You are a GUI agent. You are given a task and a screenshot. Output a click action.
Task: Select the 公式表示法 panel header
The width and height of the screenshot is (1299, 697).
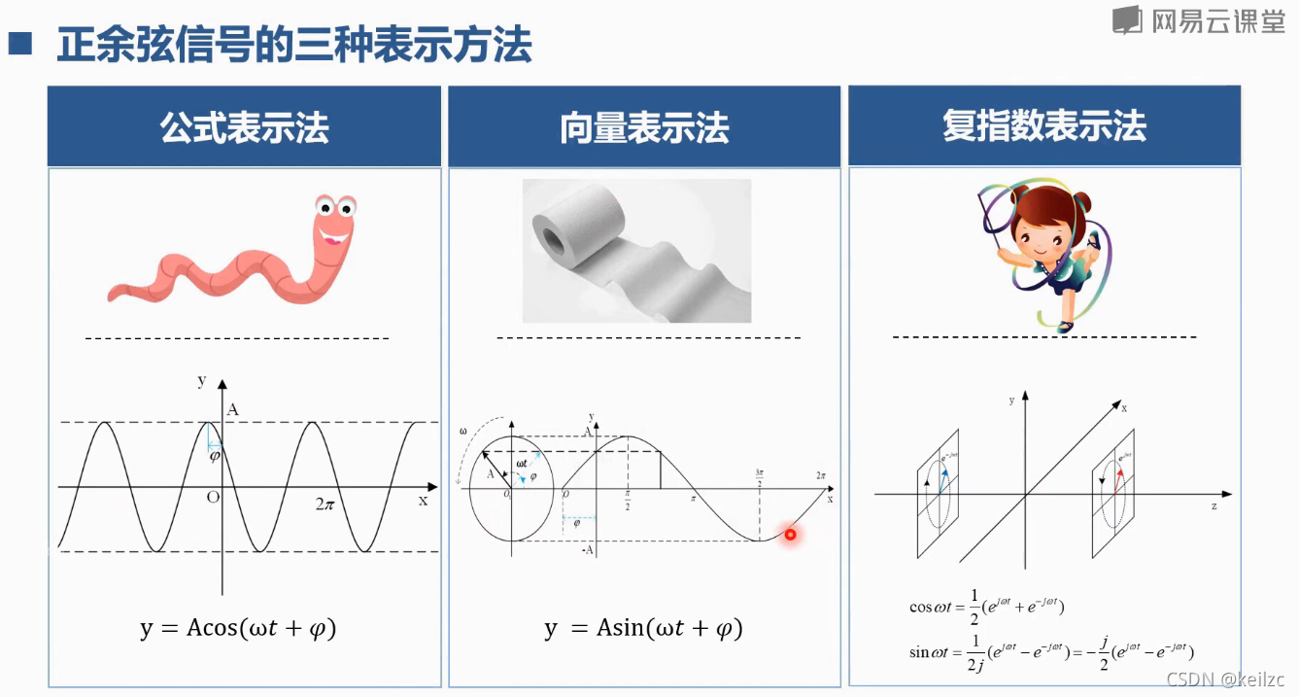click(245, 127)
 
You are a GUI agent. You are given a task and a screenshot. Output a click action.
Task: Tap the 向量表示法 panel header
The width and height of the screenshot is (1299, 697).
click(644, 127)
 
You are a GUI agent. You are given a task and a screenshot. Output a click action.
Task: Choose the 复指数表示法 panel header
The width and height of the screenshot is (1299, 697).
click(1044, 126)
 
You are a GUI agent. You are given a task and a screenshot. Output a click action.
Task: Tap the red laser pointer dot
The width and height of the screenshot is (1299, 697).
click(791, 534)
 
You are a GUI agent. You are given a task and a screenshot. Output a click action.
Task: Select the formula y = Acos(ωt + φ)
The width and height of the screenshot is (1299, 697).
click(238, 628)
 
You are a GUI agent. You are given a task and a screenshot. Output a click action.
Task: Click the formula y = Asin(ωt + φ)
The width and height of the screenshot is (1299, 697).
click(643, 628)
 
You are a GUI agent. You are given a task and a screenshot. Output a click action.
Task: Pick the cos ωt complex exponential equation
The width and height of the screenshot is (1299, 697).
click(987, 606)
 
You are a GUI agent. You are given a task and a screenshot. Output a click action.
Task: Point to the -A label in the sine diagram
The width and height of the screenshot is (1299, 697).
click(588, 551)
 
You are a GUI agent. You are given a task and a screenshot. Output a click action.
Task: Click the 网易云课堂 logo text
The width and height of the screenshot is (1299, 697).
click(1217, 21)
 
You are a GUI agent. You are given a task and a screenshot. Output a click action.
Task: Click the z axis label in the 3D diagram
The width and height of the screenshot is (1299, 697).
click(1214, 507)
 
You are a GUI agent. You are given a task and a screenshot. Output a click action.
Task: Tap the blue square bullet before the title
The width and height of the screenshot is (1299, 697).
click(20, 44)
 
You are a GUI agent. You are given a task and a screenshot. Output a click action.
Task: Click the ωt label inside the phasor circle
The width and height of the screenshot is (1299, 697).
click(523, 464)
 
